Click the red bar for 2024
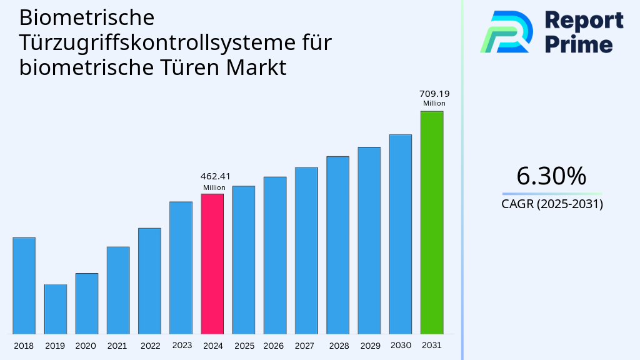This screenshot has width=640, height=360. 212,263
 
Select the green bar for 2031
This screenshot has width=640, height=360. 431,222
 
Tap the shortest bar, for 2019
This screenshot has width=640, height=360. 55,309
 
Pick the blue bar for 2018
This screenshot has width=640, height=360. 24,285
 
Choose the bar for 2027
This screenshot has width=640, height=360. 306,250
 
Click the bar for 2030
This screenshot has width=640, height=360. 400,234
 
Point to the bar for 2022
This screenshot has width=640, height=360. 149,281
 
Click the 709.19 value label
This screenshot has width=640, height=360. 434,94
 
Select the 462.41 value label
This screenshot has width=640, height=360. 212,177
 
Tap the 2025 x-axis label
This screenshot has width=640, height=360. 244,346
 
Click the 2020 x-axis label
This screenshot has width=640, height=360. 86,346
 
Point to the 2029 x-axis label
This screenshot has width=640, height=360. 369,346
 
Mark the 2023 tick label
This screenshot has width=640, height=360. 182,345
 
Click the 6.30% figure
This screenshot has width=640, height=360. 551,176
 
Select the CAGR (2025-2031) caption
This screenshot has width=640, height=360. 552,204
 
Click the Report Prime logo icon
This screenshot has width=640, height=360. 506,31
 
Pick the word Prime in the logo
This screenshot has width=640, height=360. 579,44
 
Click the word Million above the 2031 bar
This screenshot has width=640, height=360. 434,104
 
